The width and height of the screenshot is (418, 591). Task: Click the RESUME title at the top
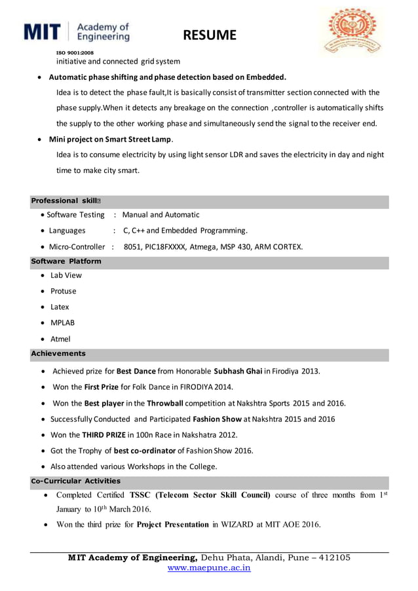pyautogui.click(x=209, y=35)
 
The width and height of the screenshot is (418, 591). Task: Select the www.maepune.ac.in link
pyautogui.click(x=209, y=568)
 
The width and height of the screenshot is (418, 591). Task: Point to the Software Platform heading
pyautogui.click(x=66, y=261)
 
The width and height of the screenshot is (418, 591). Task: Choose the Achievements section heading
pyautogui.click(x=58, y=354)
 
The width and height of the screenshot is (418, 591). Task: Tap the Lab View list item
pyautogui.click(x=66, y=275)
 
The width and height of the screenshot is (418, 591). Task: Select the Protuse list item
pyautogui.click(x=64, y=291)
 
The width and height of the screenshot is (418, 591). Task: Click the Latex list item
pyautogui.click(x=60, y=307)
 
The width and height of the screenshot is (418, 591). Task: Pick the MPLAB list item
pyautogui.click(x=63, y=323)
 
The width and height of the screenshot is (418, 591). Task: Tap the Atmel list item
pyautogui.click(x=60, y=339)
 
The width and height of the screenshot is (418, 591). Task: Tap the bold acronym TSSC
pyautogui.click(x=143, y=495)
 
